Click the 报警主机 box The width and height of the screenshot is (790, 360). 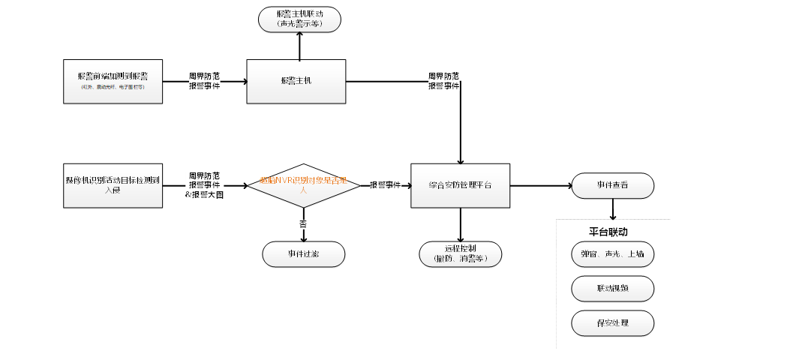point(296,81)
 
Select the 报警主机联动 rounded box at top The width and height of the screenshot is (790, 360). point(299,19)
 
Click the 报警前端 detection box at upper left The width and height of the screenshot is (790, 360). point(113,81)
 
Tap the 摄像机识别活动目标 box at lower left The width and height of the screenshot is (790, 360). point(113,185)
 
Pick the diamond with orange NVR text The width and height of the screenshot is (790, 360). point(304,185)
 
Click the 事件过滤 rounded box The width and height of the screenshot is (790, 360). point(303,254)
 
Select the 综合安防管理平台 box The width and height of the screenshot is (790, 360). point(460,185)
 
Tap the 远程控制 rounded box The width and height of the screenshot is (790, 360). point(460,254)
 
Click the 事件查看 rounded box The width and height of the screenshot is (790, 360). point(612,185)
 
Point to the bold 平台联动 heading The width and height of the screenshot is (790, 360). point(608,232)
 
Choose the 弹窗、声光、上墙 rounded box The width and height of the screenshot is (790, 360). point(612,254)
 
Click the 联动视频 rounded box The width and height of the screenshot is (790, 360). point(612,289)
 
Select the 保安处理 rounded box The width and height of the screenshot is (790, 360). point(612,323)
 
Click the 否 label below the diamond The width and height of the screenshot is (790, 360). point(303,224)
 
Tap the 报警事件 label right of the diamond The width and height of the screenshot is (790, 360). point(385,185)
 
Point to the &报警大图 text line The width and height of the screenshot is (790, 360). point(204,195)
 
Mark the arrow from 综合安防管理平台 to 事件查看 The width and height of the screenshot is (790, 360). point(540,185)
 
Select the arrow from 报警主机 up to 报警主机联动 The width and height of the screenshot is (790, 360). point(299,46)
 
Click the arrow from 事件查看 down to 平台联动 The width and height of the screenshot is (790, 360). point(613,209)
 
